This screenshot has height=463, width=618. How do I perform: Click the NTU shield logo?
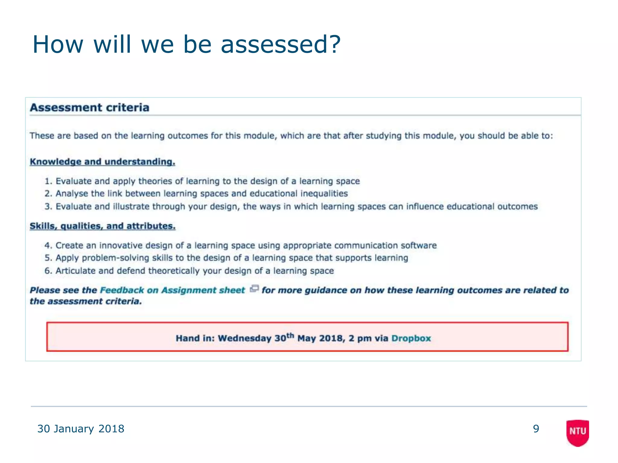(578, 432)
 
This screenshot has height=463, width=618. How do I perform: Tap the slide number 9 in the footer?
(536, 429)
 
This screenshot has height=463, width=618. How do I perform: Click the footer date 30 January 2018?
(81, 429)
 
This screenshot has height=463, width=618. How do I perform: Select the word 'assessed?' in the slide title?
(281, 44)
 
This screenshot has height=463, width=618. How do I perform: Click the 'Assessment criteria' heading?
(90, 108)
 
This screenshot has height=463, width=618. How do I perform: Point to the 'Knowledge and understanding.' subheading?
(102, 162)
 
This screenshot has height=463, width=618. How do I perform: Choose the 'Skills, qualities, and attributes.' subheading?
(103, 226)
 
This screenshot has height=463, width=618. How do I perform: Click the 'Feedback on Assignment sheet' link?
(172, 290)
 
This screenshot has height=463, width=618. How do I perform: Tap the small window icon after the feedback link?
(254, 289)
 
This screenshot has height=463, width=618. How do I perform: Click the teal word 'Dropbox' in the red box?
(411, 338)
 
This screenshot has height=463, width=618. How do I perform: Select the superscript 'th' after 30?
(290, 335)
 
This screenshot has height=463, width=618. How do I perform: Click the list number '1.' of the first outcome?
(49, 181)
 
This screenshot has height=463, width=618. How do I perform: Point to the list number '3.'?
(49, 207)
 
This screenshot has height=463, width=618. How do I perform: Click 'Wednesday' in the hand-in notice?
(245, 338)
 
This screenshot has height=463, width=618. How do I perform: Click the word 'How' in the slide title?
(58, 44)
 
